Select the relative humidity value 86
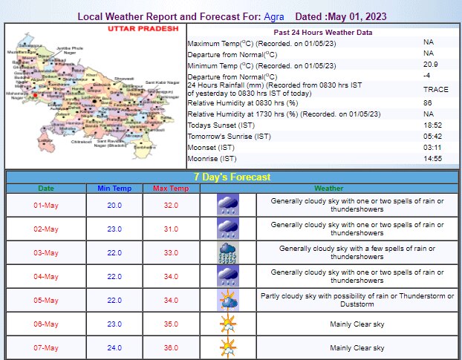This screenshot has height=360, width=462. tap(427, 102)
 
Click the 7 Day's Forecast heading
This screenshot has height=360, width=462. tap(230, 177)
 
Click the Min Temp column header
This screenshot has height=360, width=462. tap(114, 189)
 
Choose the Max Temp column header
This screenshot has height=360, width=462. tap(171, 189)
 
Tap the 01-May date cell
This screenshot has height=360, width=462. tap(46, 204)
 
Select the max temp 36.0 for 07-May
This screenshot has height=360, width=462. tap(171, 347)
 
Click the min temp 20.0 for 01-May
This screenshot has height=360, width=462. tap(114, 204)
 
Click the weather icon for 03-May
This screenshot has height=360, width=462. tap(227, 252)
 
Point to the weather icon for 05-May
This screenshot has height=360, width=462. tap(227, 300)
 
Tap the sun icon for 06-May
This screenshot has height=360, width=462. tap(227, 324)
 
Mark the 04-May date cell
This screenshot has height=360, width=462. tap(46, 276)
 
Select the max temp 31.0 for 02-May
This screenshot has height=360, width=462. tap(171, 229)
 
